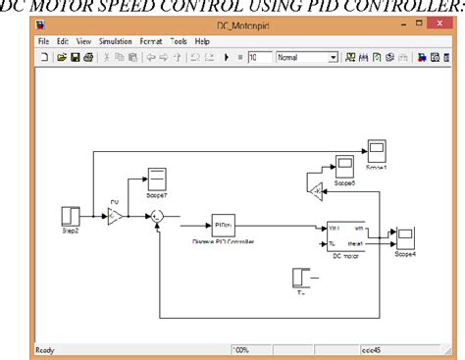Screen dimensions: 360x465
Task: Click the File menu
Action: click(x=43, y=42)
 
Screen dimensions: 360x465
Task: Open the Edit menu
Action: click(x=63, y=42)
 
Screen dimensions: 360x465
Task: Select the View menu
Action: click(x=83, y=42)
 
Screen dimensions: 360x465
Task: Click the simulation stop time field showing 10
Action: click(x=259, y=58)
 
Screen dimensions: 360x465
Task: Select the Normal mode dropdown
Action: click(x=305, y=58)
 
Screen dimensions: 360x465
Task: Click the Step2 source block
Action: click(x=72, y=215)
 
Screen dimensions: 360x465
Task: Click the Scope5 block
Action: click(x=344, y=164)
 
